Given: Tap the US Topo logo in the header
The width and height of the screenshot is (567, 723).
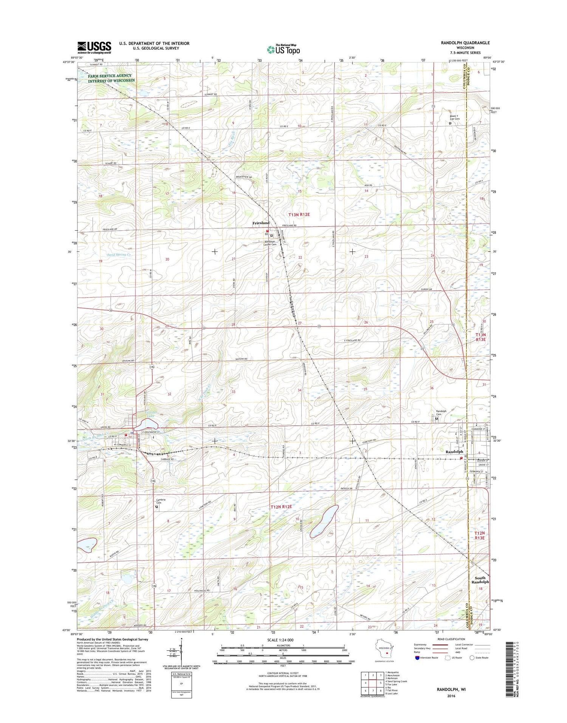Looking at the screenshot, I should tap(283, 49).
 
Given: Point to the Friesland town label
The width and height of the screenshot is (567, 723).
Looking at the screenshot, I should tap(261, 223).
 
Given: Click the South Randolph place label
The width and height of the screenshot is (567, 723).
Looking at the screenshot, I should tap(480, 580).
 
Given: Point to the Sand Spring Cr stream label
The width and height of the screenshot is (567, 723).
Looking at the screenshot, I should tap(119, 254).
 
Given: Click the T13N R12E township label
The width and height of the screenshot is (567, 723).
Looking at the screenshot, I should tap(299, 214).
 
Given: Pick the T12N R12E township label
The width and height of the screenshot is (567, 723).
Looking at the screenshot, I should tap(281, 506).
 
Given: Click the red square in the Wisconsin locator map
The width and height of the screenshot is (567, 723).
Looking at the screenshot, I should tap(387, 653).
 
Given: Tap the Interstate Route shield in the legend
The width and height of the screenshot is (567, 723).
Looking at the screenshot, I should tap(417, 658).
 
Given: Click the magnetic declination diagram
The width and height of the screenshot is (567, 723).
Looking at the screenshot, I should tap(181, 652).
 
